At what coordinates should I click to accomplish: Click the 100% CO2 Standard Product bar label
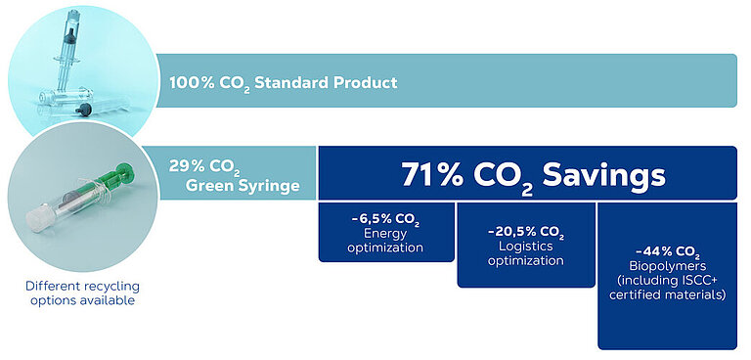[x=284, y=82]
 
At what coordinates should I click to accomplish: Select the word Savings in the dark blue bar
[x=594, y=175]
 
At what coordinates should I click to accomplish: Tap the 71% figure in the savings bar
[x=434, y=175]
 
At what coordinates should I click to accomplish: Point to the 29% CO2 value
[x=202, y=165]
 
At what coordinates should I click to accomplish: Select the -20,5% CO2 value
[x=525, y=233]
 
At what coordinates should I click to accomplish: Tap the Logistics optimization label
[x=525, y=254]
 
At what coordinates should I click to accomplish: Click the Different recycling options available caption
[x=82, y=292]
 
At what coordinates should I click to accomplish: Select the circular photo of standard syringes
[x=80, y=65]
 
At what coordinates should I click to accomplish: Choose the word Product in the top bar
[x=367, y=82]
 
